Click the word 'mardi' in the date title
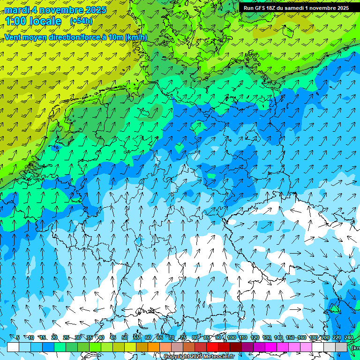[16, 10]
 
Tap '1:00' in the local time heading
[16, 21]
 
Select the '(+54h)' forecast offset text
[81, 21]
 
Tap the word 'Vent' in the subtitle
[13, 37]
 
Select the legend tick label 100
[231, 337]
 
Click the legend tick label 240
[348, 337]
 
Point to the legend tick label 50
[124, 337]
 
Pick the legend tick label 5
[18, 337]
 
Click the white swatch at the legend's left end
[13, 347]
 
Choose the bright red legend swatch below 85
[212, 347]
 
